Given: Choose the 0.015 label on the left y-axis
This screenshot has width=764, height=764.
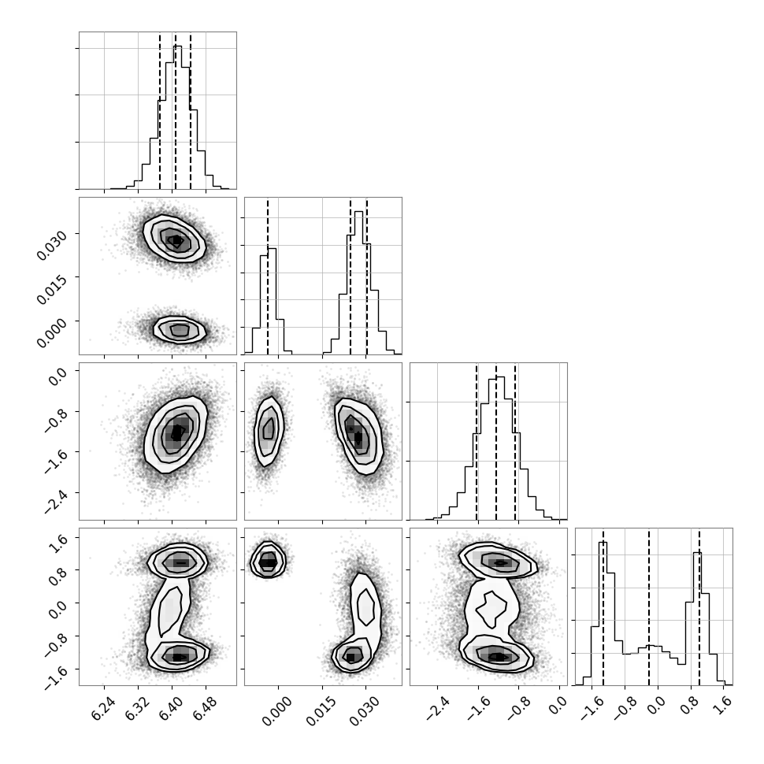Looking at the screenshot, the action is pyautogui.click(x=50, y=290).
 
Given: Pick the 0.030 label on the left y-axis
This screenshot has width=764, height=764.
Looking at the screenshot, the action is pyautogui.click(x=50, y=246).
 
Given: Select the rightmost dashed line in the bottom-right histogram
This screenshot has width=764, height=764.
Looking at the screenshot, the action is pyautogui.click(x=699, y=607).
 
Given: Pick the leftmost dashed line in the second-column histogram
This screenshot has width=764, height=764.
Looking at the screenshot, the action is pyautogui.click(x=268, y=276).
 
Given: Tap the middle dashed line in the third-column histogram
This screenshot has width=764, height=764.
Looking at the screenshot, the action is pyautogui.click(x=496, y=441).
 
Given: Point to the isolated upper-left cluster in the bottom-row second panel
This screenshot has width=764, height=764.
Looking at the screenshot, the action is pyautogui.click(x=268, y=560).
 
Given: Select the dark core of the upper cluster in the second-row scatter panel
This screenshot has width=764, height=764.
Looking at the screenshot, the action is pyautogui.click(x=176, y=240).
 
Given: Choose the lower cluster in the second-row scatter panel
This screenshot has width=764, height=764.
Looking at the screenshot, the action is pyautogui.click(x=180, y=330).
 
